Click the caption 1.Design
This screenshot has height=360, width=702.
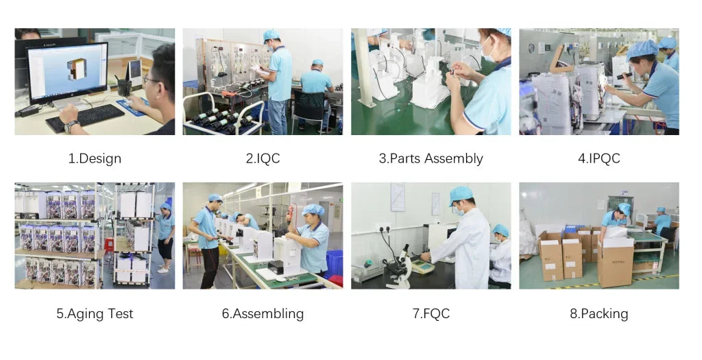(x=95, y=158)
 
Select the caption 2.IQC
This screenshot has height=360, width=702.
(x=263, y=158)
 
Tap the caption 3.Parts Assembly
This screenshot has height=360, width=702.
(x=431, y=158)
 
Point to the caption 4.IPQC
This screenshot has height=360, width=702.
(x=599, y=158)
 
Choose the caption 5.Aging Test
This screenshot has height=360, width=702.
(x=95, y=313)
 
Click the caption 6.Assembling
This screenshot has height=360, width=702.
(x=263, y=313)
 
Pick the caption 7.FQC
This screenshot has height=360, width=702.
(x=431, y=313)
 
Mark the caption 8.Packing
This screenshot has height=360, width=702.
(x=599, y=313)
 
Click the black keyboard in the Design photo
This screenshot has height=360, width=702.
(x=85, y=118)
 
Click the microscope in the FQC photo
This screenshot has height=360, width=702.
(x=400, y=266)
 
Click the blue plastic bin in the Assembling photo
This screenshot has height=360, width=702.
(x=334, y=263)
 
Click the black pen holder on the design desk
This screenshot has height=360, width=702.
(x=125, y=88)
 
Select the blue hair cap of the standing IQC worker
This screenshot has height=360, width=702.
(x=271, y=35)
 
